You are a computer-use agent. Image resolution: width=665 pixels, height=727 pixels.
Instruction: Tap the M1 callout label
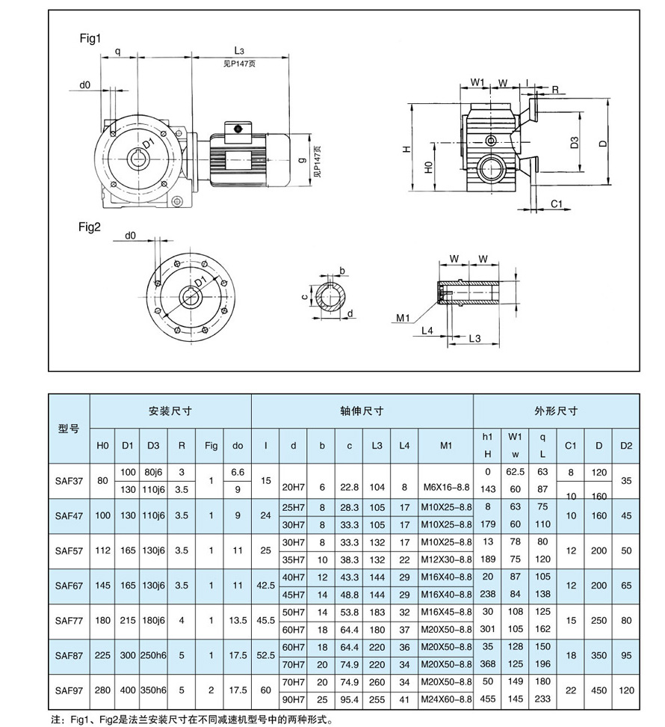coord(404,318)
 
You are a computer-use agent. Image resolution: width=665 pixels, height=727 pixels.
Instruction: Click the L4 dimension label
coord(427,330)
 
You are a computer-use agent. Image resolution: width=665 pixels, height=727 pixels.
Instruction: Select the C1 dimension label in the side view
coord(557,203)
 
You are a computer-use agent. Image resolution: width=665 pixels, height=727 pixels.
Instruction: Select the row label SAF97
coord(69,691)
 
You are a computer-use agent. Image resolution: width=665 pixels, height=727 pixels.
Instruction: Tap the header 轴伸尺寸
coord(362,411)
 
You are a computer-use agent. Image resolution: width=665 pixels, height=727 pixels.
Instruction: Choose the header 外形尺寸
coord(556,411)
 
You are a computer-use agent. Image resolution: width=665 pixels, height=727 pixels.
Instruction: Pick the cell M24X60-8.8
coord(446,699)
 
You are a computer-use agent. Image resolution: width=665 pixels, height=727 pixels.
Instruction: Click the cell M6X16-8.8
coord(446,487)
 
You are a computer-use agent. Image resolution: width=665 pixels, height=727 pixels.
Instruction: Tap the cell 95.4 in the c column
coord(349,699)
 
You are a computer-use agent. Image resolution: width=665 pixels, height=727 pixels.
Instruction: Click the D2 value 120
coord(626,691)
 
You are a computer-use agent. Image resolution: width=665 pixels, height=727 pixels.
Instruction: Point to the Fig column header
coord(211,446)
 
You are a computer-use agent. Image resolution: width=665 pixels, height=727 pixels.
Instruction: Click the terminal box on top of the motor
coord(238,129)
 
